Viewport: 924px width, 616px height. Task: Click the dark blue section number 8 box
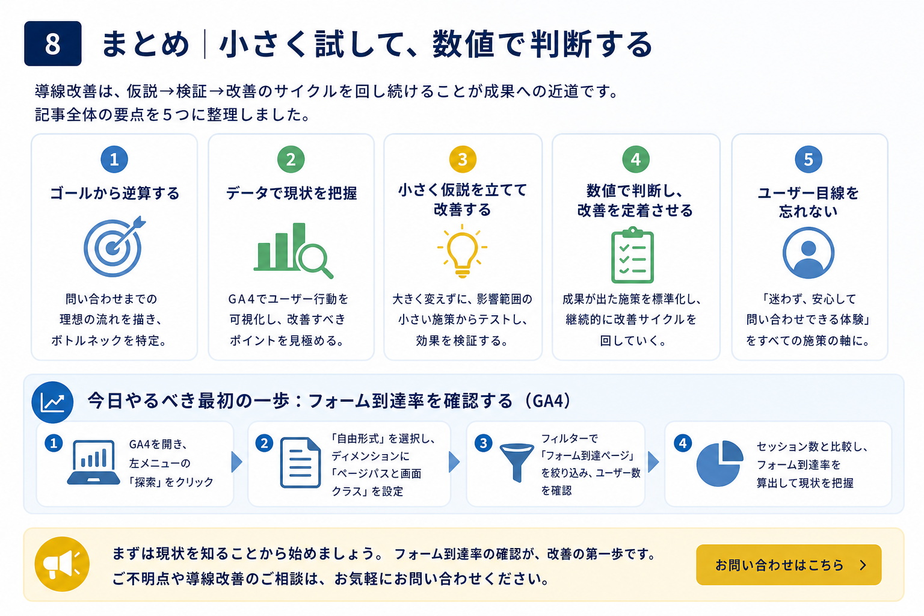(x=53, y=43)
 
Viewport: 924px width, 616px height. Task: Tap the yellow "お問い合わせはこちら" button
(x=788, y=564)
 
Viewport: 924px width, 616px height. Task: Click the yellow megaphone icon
(x=62, y=564)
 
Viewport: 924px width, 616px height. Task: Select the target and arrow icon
(x=114, y=246)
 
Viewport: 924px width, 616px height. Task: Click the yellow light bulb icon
(x=462, y=251)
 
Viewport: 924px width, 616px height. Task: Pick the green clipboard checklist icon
(x=632, y=254)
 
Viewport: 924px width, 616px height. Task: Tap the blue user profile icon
(x=808, y=253)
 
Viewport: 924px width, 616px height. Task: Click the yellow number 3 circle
(x=463, y=159)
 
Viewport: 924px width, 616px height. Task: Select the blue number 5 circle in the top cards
(x=808, y=159)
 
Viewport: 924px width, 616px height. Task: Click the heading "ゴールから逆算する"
(x=115, y=193)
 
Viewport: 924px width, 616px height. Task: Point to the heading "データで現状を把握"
(x=292, y=193)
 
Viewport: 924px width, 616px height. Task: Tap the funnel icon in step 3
(x=517, y=463)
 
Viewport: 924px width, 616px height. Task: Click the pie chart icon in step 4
(x=719, y=463)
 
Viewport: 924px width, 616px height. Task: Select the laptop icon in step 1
(x=94, y=462)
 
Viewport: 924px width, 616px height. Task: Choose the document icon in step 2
(x=300, y=463)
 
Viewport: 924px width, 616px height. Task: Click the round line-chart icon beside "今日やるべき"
(x=52, y=402)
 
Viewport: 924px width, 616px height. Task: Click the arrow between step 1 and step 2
(x=237, y=462)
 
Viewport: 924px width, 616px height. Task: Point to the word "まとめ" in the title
(x=145, y=44)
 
